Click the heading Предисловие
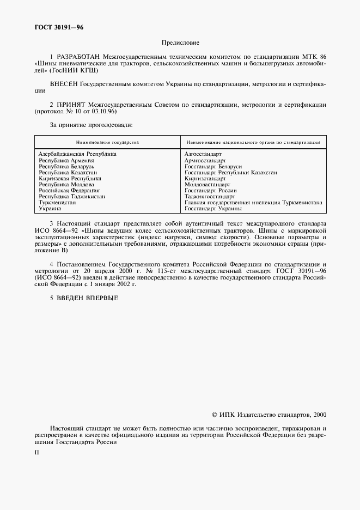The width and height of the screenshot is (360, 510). pyautogui.click(x=180, y=42)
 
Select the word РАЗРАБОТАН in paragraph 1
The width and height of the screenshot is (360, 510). pyautogui.click(x=76, y=56)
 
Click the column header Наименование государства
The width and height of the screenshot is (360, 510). pyautogui.click(x=107, y=142)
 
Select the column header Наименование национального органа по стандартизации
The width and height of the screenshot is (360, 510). pyautogui.click(x=252, y=142)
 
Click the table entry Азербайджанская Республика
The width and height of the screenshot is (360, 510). pyautogui.click(x=77, y=154)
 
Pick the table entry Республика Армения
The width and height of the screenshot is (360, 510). pyautogui.click(x=66, y=160)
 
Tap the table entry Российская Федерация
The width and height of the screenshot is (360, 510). pyautogui.click(x=69, y=190)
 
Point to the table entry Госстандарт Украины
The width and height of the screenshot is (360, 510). pyautogui.click(x=213, y=208)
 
